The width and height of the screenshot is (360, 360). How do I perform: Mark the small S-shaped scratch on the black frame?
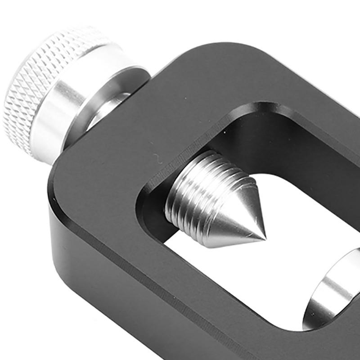click(x=157, y=157)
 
